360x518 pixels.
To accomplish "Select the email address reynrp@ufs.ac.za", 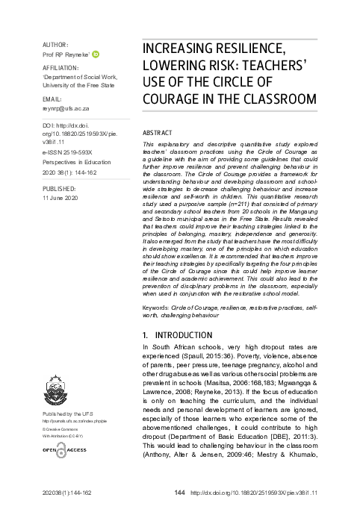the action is click(65, 107).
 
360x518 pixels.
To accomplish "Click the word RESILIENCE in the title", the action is click(243, 49).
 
